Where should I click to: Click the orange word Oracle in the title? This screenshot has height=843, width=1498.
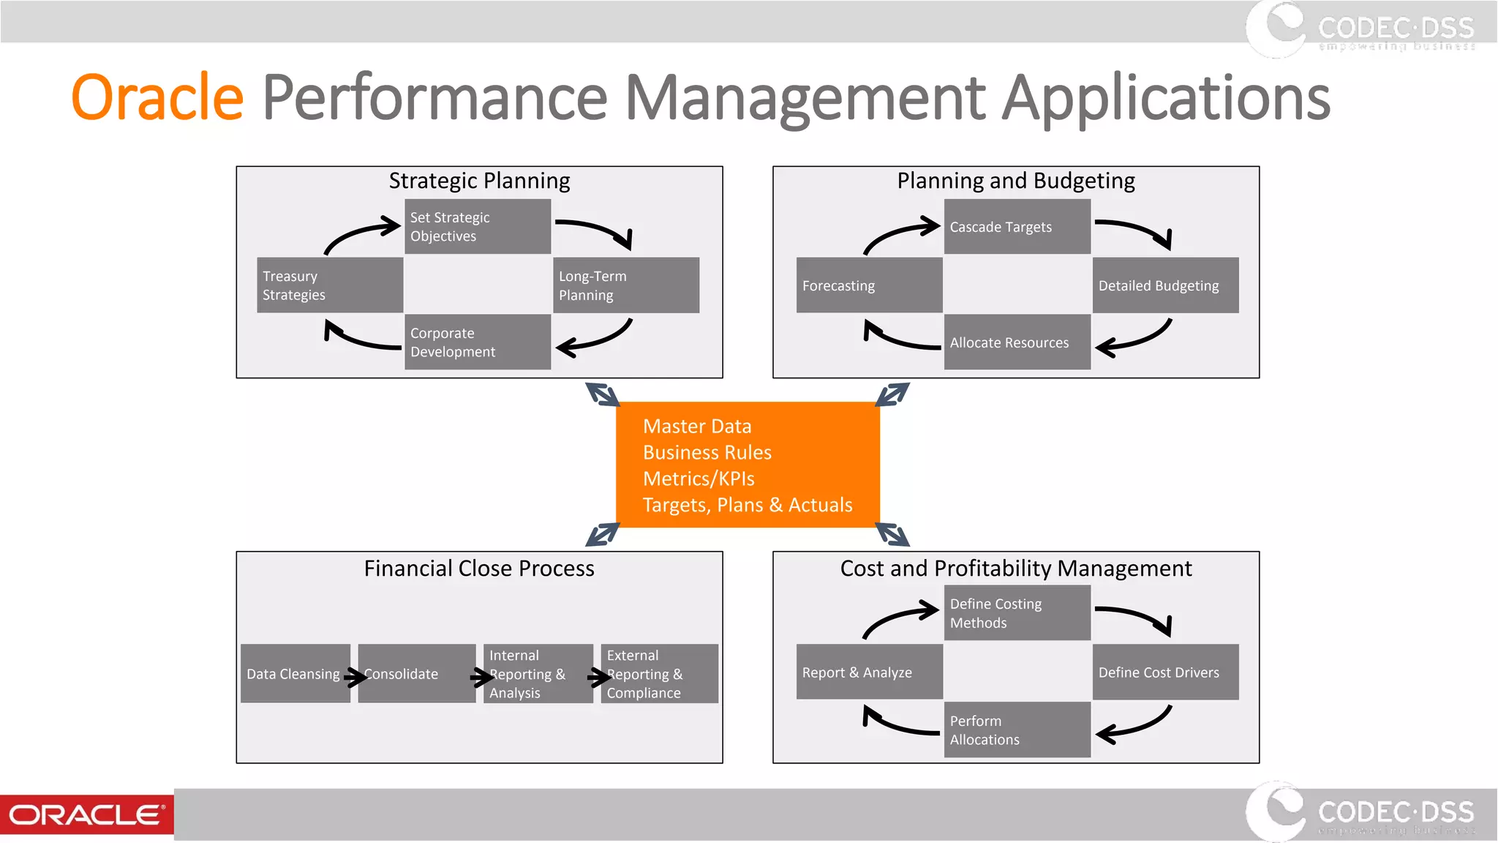[157, 97]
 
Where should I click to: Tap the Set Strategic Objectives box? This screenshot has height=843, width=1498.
[477, 227]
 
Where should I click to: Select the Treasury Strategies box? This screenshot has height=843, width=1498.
[329, 285]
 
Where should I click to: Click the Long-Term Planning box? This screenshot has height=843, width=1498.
[625, 285]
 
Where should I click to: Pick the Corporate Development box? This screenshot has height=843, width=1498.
[477, 342]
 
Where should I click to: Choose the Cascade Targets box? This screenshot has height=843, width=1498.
[1017, 227]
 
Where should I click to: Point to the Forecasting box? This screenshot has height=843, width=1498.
[869, 285]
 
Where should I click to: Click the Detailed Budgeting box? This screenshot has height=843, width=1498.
[1165, 285]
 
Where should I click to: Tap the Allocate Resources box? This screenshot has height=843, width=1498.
[1017, 342]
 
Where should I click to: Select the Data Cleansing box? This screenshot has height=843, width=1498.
[294, 673]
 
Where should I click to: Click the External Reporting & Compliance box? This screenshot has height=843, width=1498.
[659, 673]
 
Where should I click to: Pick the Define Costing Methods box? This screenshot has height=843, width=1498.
[1017, 613]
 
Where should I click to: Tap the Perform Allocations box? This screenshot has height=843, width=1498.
[1017, 730]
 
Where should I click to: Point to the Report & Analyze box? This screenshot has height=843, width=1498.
[869, 672]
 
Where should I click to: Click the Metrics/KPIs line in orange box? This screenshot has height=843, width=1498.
[699, 479]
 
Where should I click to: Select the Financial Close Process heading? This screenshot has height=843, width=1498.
[479, 569]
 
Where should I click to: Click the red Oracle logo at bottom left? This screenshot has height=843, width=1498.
[86, 814]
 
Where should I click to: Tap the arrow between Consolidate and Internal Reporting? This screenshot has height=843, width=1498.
[481, 678]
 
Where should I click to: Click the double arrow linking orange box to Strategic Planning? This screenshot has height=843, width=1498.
[603, 394]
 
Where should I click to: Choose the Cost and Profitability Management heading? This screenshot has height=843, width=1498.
[1016, 569]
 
